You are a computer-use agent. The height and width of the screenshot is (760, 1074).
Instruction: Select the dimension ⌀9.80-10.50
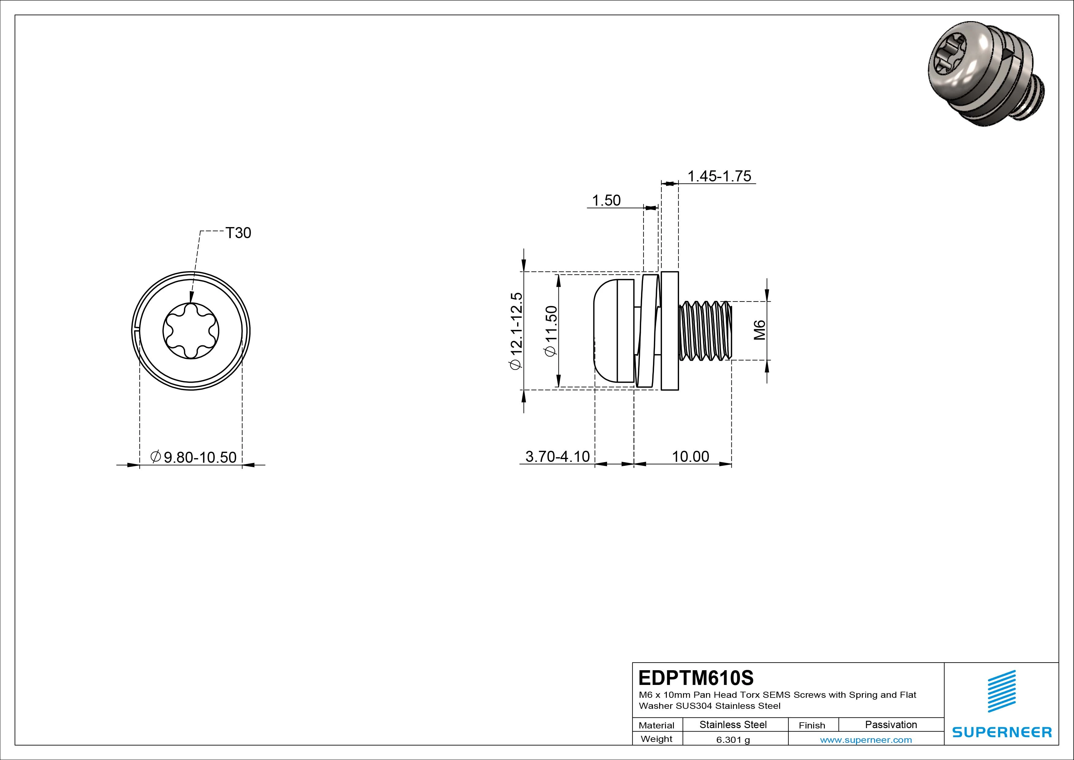[x=194, y=457]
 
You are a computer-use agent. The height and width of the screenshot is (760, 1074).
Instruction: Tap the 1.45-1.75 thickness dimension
[x=719, y=176]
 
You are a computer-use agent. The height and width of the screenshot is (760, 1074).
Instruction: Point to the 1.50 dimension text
[x=606, y=200]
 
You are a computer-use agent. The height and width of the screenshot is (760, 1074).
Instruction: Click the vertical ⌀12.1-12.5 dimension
[x=516, y=331]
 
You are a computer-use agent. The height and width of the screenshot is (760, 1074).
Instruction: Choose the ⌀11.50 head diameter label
[x=551, y=331]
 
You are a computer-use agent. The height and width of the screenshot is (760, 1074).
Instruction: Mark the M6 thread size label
[x=759, y=330]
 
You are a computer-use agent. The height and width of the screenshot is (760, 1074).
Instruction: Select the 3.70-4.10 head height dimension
[x=557, y=456]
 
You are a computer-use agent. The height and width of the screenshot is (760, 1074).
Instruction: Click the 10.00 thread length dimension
[x=690, y=456]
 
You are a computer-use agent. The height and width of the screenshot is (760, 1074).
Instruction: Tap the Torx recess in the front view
[x=191, y=331]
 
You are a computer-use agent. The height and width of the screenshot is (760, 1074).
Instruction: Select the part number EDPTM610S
[x=696, y=678]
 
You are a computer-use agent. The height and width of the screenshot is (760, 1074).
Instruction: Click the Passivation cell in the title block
[x=891, y=725]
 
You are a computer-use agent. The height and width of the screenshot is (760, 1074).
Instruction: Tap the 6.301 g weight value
[x=733, y=740]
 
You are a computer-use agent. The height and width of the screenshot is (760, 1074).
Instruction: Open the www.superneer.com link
[x=866, y=740]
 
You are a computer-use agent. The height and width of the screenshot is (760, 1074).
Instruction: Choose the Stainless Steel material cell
[x=733, y=725]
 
